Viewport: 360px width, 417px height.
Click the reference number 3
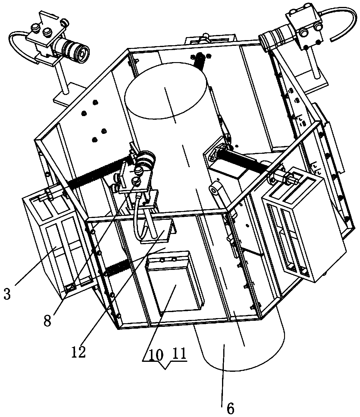click(7, 294)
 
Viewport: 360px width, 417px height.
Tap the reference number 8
click(48, 321)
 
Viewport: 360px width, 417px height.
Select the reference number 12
click(79, 352)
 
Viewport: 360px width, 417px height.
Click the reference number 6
click(230, 409)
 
